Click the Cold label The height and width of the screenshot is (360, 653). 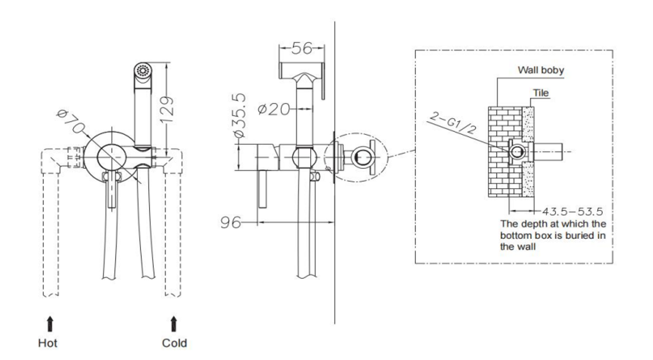click(174, 343)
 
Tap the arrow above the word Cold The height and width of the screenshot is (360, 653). click(174, 324)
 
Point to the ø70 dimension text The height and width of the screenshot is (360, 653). click(70, 121)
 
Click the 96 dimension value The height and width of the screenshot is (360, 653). click(230, 223)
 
